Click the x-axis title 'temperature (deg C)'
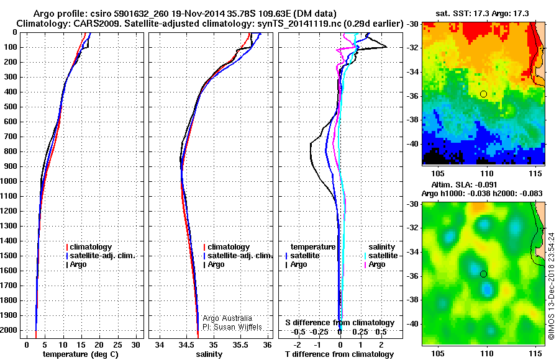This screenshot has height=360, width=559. [x=80, y=354]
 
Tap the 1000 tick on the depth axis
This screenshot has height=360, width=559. [x=12, y=181]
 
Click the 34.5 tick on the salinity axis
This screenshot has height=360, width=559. [x=186, y=344]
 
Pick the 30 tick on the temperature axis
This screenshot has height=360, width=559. [x=134, y=344]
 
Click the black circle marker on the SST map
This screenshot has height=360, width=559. [x=483, y=94]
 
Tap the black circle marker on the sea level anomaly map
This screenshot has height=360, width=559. [x=483, y=274]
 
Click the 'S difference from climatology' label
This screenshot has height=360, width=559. [x=339, y=323]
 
